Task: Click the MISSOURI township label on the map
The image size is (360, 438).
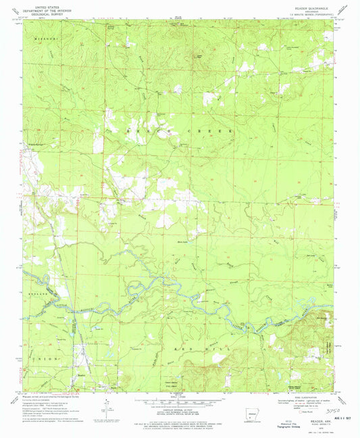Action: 41,39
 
